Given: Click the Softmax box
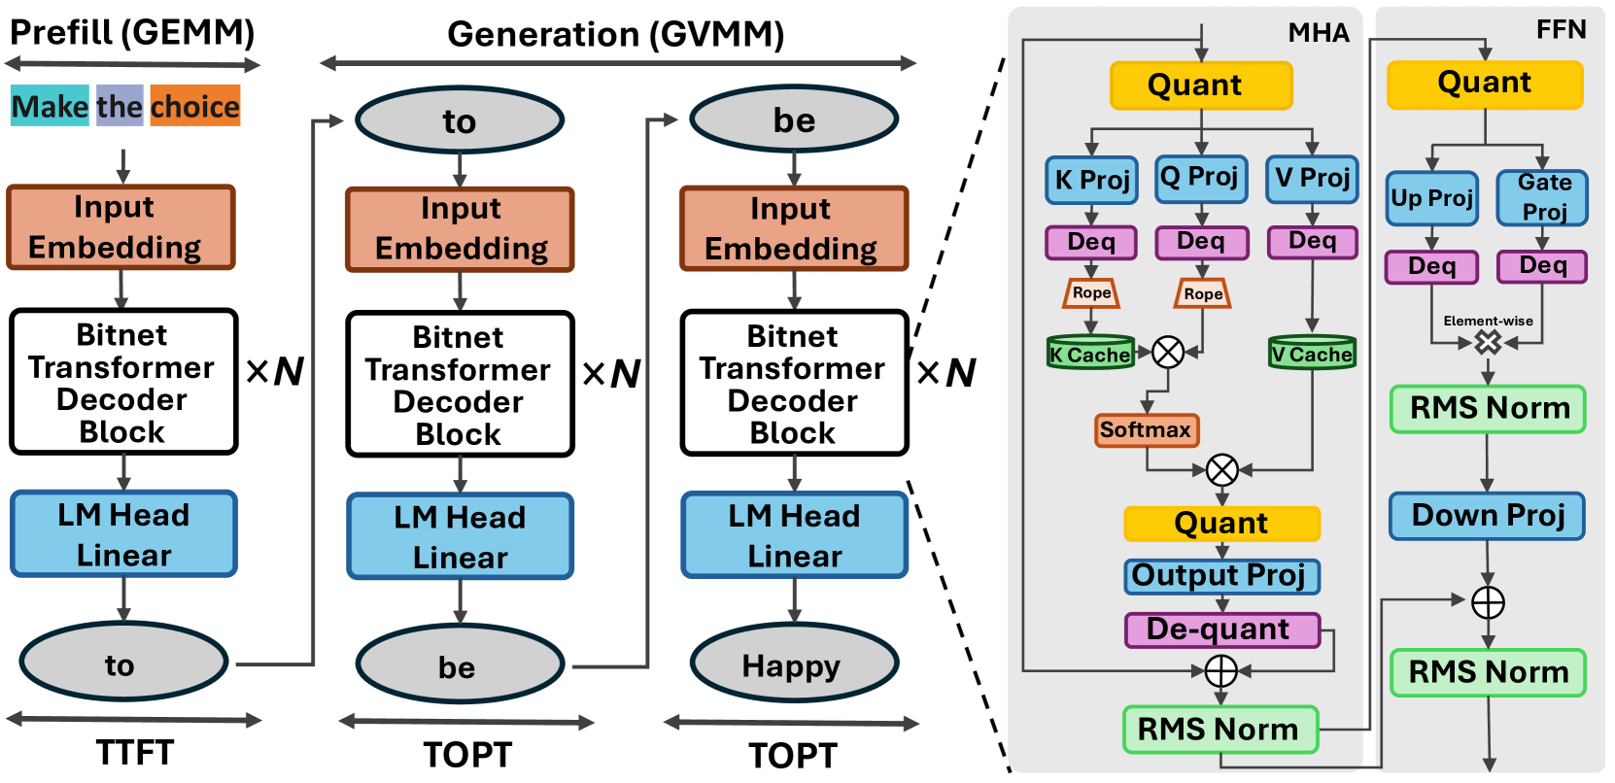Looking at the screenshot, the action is (x=1147, y=430).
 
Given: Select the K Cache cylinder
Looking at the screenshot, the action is (x=1091, y=353).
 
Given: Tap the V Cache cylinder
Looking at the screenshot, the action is (x=1312, y=353).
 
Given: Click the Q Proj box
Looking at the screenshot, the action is (x=1201, y=178).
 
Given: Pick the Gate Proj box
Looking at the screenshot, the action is (x=1542, y=197).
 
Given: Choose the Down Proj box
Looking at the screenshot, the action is (x=1487, y=516).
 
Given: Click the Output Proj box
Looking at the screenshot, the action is (x=1221, y=576).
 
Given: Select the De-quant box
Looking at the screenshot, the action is (x=1222, y=630).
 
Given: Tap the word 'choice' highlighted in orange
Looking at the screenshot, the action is (x=195, y=106).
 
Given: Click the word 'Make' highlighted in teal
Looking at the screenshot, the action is (x=50, y=106).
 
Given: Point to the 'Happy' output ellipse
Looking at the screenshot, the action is (x=794, y=664).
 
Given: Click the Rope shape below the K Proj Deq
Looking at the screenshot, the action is (x=1091, y=293).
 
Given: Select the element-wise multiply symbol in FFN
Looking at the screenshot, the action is (x=1488, y=343).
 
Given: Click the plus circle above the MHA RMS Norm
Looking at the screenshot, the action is (x=1221, y=671).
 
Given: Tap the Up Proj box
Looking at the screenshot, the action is (x=1432, y=198).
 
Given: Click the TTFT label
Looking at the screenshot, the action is (x=135, y=753).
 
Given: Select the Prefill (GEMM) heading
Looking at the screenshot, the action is (x=133, y=32).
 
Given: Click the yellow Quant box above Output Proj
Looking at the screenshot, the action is (x=1221, y=524).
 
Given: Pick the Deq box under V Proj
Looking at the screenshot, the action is (x=1312, y=242).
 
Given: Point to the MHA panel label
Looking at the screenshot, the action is (x=1319, y=32).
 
